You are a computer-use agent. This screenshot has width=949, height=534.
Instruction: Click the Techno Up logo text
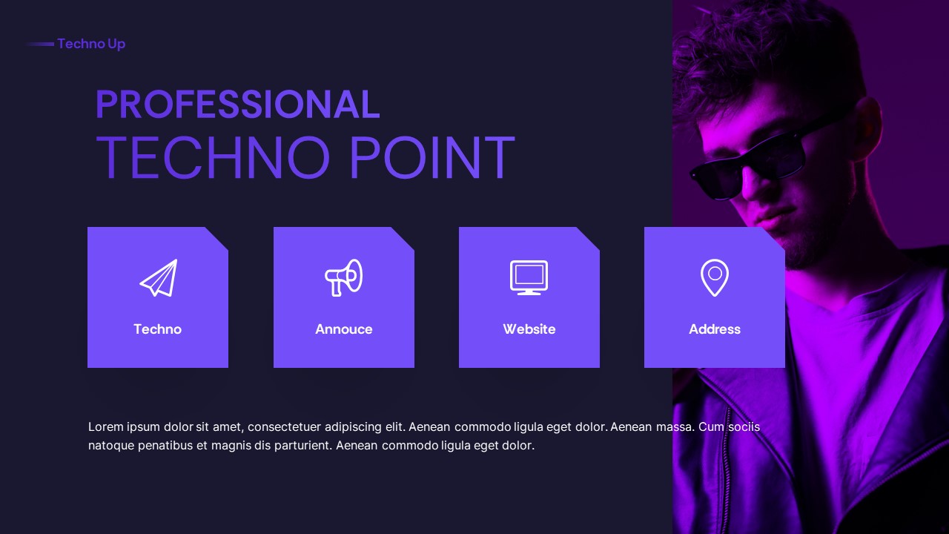coord(91,44)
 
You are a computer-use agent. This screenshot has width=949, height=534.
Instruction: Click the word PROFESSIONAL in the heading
coord(237,105)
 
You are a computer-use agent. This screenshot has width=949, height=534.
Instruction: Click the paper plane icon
coord(159,278)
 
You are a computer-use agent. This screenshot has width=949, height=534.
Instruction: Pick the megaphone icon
coord(344,277)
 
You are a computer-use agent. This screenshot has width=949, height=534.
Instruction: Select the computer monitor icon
coord(529,277)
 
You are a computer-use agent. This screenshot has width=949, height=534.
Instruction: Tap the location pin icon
coord(715,277)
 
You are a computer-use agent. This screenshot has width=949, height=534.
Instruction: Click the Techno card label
coord(157,329)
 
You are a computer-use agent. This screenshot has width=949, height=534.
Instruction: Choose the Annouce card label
coord(344,329)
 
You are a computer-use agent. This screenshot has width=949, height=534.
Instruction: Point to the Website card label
coord(529,329)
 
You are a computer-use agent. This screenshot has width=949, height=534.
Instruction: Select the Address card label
coord(715,329)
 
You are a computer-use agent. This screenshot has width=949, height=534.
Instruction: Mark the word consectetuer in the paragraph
coord(285,427)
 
